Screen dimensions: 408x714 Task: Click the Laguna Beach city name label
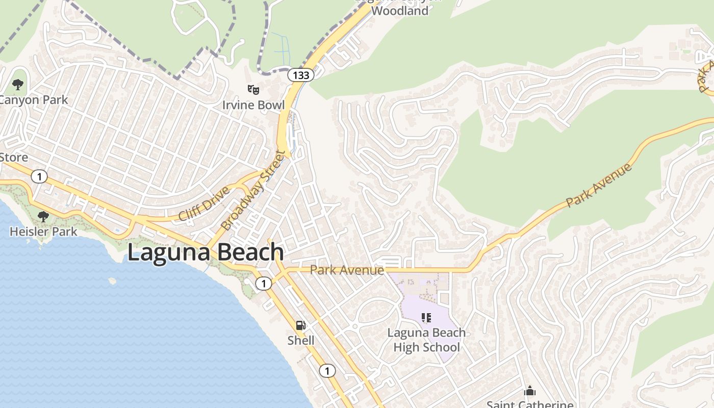click(x=205, y=252)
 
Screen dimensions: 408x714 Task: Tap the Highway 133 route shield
click(x=300, y=75)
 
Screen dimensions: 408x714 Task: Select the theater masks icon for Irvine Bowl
click(x=253, y=90)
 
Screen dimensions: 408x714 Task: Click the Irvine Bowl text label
click(x=253, y=105)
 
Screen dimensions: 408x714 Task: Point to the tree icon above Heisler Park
click(x=43, y=217)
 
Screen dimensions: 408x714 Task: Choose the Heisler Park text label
click(x=43, y=232)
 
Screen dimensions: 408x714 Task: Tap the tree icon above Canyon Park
click(x=18, y=85)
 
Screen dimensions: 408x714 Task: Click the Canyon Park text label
click(x=34, y=99)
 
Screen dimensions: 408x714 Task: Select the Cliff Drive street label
click(x=204, y=203)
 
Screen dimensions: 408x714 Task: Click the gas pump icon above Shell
click(x=300, y=325)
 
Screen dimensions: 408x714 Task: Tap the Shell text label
click(x=300, y=340)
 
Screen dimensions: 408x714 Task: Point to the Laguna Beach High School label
click(x=426, y=340)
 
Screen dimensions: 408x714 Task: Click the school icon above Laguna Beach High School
click(x=426, y=318)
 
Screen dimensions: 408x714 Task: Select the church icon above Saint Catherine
click(x=530, y=391)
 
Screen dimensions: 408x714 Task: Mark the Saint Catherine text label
click(x=530, y=404)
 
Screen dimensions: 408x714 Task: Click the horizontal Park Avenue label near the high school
click(x=347, y=270)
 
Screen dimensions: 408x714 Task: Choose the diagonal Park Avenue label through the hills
click(x=599, y=185)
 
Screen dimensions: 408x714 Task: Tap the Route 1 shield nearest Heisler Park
click(x=39, y=177)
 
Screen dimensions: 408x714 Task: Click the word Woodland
click(x=400, y=11)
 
